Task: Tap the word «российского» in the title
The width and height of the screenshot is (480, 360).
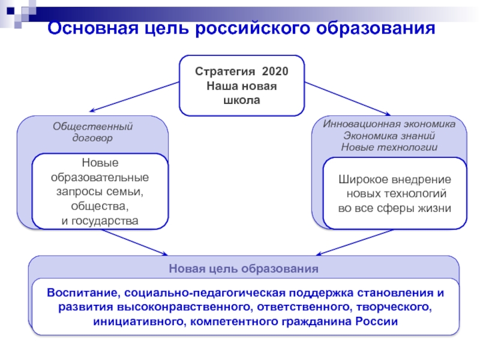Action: click(x=256, y=28)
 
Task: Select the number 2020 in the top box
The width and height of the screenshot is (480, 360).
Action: click(x=275, y=71)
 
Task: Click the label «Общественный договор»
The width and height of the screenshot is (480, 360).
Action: click(x=92, y=132)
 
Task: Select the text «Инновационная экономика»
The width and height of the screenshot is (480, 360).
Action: click(x=389, y=124)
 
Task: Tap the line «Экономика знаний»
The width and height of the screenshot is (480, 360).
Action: click(x=389, y=136)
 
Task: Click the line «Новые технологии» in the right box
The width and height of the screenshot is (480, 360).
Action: click(x=389, y=147)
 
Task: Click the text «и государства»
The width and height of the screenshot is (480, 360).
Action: click(x=100, y=221)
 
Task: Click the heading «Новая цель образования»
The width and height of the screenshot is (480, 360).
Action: click(x=242, y=269)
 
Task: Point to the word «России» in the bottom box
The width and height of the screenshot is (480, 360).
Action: click(x=377, y=321)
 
